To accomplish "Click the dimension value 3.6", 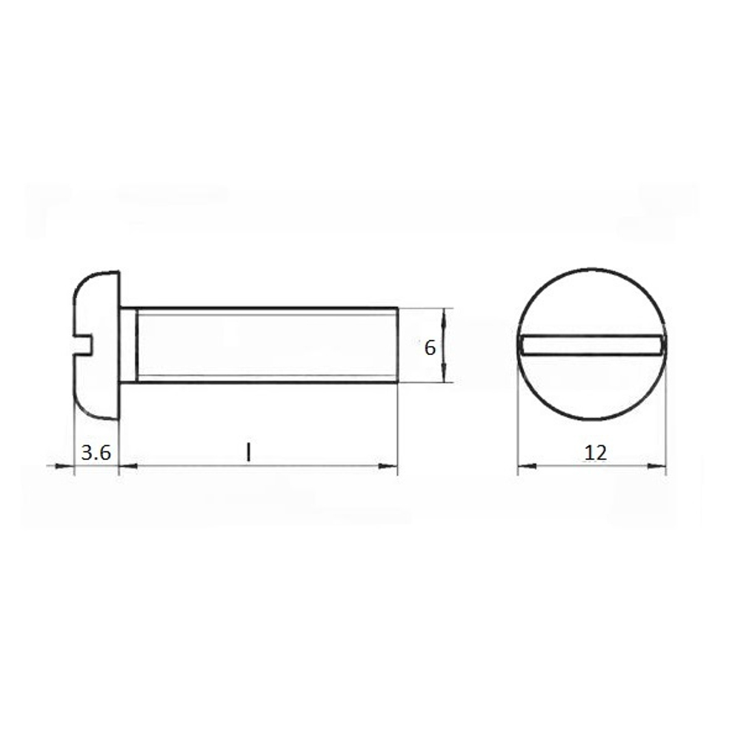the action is coord(96,453).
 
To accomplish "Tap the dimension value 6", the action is coord(430,348).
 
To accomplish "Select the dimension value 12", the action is coord(596,453).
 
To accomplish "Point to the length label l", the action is coord(248,452).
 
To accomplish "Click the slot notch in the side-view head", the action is coord(83,344).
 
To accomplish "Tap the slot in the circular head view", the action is coord(591,345).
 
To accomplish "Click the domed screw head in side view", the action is coord(96,345).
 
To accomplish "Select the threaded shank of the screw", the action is coord(267,345).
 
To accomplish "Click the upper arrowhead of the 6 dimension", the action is coord(443,318).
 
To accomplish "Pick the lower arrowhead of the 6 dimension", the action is coord(443,373).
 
